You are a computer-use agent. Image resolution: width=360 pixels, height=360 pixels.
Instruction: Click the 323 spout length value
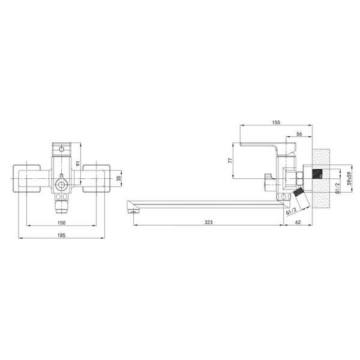pyautogui.click(x=209, y=222)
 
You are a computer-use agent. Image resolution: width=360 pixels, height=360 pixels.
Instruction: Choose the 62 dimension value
pyautogui.click(x=298, y=222)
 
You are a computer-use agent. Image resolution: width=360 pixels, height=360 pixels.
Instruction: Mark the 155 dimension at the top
pyautogui.click(x=275, y=122)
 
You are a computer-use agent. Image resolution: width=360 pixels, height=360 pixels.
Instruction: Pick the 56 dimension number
pyautogui.click(x=299, y=134)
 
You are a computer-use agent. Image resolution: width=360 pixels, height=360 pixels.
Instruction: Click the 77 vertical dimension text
pyautogui.click(x=230, y=161)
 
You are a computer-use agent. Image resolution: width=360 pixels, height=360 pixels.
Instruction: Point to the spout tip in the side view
pyautogui.click(x=131, y=208)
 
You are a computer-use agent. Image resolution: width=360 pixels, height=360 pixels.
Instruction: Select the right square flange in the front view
pyautogui.click(x=96, y=178)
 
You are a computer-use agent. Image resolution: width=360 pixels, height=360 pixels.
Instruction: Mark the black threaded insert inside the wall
pyautogui.click(x=317, y=175)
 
